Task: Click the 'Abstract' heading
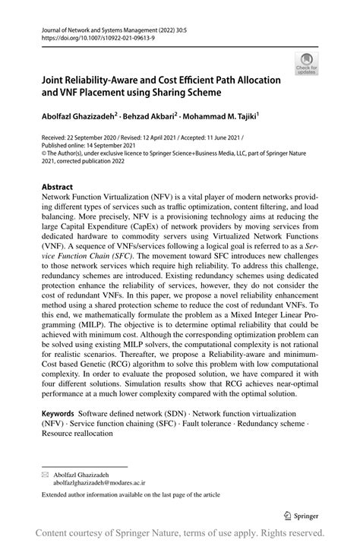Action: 58,187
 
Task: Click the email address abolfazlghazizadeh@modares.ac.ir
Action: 99,481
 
